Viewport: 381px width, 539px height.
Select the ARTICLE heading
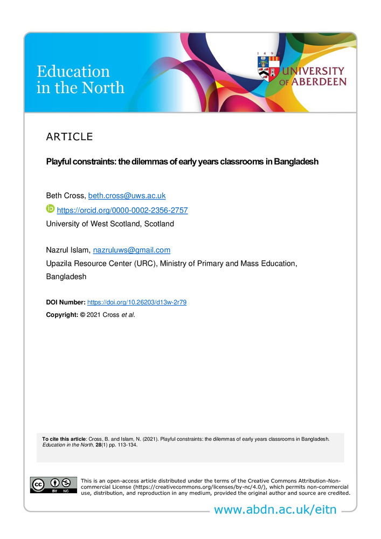click(70, 137)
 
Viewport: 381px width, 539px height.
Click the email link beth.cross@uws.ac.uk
click(134, 196)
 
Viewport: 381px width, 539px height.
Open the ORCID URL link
click(122, 210)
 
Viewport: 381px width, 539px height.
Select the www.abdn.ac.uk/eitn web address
click(275, 510)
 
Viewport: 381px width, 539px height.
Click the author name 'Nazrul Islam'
click(67, 250)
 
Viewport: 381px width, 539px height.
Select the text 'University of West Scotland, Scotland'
click(110, 224)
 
